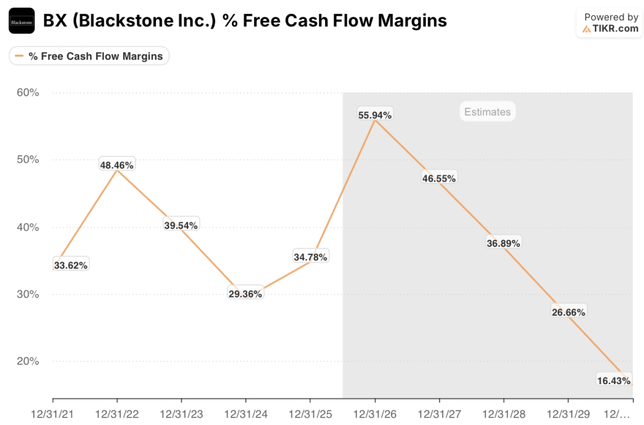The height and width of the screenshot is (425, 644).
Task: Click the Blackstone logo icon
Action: (21, 21)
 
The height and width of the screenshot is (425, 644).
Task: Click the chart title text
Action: (245, 21)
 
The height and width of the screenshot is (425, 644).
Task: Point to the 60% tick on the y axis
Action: (28, 92)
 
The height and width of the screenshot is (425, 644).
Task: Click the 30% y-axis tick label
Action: (28, 294)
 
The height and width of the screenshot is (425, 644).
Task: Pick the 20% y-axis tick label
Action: (28, 362)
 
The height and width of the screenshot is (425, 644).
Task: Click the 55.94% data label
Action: (375, 115)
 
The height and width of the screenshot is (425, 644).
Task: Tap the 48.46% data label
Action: (117, 165)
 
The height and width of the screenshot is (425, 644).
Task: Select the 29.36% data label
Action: (245, 294)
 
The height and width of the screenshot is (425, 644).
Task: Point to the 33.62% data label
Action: (70, 265)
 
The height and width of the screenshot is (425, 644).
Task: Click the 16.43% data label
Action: (613, 380)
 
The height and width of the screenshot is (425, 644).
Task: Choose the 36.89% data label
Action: (503, 243)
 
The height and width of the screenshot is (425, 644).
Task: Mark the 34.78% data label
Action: (310, 257)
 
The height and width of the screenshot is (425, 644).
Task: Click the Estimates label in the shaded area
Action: (487, 112)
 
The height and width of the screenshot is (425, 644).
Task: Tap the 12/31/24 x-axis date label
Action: (245, 414)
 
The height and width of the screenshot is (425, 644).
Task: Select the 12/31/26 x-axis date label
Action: (375, 414)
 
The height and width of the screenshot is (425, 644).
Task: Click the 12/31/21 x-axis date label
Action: (53, 414)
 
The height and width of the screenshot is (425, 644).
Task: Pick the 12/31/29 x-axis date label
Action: (568, 414)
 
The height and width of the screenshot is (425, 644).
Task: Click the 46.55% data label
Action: (439, 178)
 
